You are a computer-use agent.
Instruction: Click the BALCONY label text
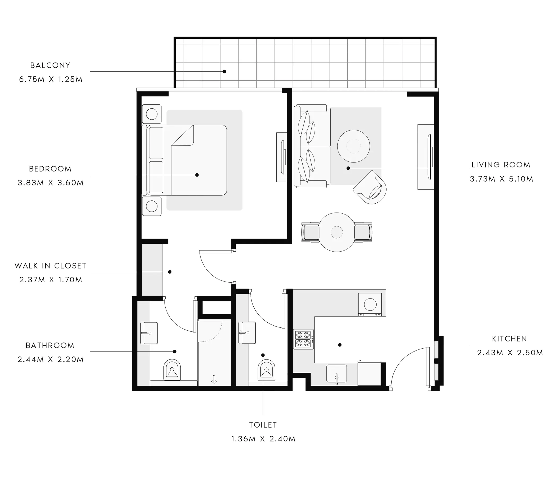coord(50,65)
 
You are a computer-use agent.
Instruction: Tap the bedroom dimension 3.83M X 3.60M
coord(51,183)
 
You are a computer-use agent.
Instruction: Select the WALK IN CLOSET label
coord(50,266)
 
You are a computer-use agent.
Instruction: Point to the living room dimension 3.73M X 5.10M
coord(501,179)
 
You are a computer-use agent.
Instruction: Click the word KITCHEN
coord(509,339)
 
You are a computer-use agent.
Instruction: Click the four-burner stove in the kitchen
coord(303,339)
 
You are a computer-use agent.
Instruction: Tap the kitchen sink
coord(337,373)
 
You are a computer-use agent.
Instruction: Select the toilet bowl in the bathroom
coord(172,370)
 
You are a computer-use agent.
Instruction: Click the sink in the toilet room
coord(247,333)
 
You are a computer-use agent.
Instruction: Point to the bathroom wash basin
coord(149,333)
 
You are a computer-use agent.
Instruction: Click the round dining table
coord(337,232)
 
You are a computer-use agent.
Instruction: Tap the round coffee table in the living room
coord(353,146)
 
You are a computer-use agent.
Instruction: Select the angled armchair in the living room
coord(370,187)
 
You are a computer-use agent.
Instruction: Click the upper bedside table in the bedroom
coord(152,114)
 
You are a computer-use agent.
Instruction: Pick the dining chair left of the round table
coord(311,232)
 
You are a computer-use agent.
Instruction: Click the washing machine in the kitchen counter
coord(370,305)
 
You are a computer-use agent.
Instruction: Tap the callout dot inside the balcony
coord(224,72)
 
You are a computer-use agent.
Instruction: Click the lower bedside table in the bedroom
coord(152,206)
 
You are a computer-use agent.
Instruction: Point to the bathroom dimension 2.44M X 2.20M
coord(51,359)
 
